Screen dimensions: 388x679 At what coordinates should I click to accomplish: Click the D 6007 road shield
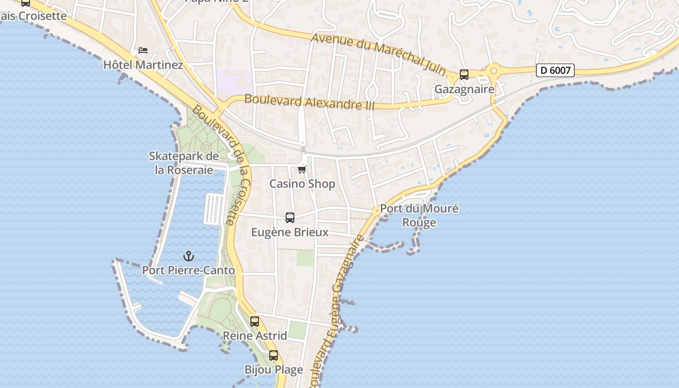(555, 70)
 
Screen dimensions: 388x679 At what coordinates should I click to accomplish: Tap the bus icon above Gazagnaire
(464, 74)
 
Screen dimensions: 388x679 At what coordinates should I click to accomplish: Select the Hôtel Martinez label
(143, 65)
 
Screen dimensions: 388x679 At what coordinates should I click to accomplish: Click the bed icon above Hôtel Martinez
(143, 50)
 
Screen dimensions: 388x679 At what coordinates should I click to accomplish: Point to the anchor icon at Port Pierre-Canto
(188, 256)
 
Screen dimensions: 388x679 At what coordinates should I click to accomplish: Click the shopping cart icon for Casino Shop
(302, 169)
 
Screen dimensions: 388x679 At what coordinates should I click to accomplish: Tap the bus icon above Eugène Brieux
(290, 218)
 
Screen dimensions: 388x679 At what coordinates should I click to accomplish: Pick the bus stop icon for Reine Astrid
(255, 321)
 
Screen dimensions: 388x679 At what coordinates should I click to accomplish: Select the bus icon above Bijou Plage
(274, 355)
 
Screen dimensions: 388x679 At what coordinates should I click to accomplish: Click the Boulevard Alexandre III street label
(309, 102)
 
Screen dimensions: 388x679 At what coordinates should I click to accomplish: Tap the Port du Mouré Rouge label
(419, 215)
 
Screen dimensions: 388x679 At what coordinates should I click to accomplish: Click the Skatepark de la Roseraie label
(184, 163)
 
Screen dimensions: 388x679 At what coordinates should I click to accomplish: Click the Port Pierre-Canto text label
(188, 270)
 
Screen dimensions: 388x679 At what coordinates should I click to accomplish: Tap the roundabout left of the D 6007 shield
(494, 71)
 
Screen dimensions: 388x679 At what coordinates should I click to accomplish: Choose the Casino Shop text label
(302, 184)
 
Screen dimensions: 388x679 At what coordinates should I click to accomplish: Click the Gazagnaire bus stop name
(464, 89)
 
